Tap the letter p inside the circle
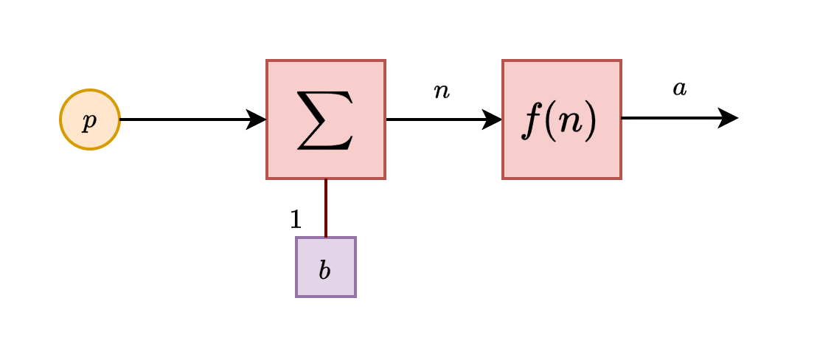click(89, 121)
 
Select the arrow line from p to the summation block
click(184, 119)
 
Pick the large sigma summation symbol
click(325, 120)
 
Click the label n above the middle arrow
click(441, 91)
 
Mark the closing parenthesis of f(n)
click(589, 122)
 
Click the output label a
click(679, 89)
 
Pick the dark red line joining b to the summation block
click(325, 208)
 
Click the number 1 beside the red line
click(296, 219)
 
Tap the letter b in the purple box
click(324, 270)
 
